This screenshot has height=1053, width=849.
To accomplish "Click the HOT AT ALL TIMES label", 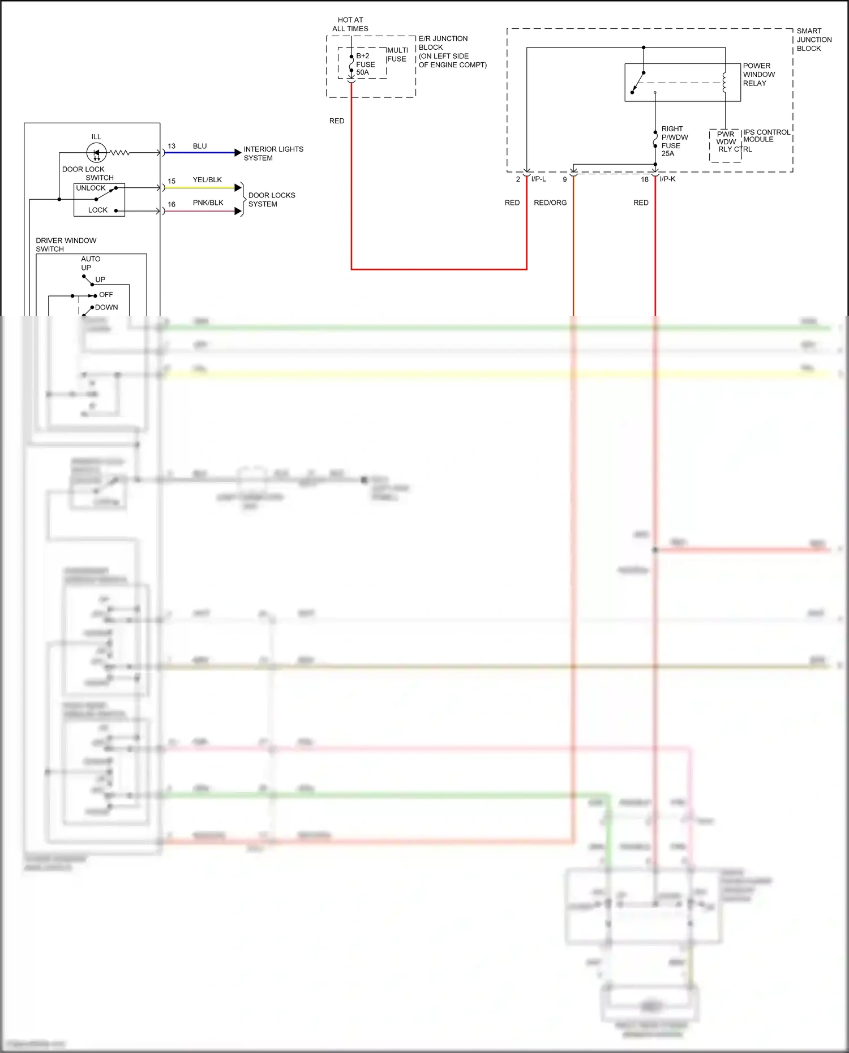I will tap(350, 24).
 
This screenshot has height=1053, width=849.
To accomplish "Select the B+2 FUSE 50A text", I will tap(365, 64).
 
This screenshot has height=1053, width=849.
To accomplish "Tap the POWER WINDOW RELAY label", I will tap(758, 74).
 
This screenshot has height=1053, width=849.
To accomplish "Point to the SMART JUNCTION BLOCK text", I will tap(813, 40).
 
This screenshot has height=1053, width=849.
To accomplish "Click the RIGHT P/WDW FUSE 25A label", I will tap(674, 141).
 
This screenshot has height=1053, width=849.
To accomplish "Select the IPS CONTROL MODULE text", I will tap(766, 136).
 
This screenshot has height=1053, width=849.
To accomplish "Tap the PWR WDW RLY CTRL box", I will tap(726, 145).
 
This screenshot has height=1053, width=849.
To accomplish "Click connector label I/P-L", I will tap(538, 179).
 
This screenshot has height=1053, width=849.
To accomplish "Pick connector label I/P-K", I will tap(667, 179).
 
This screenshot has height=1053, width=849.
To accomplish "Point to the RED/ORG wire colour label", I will tap(550, 203).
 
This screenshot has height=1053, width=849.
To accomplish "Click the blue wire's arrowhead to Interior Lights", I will tap(238, 153).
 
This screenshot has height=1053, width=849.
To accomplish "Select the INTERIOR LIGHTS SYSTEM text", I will tap(273, 153).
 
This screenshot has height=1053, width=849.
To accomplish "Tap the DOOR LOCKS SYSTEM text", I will tap(271, 200).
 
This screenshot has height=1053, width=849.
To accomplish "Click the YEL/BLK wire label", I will tap(207, 180).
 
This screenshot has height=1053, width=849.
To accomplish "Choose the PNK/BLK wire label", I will tap(208, 203).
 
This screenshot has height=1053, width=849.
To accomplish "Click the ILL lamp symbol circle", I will tap(96, 152).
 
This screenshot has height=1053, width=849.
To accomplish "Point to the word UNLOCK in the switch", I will tap(91, 188).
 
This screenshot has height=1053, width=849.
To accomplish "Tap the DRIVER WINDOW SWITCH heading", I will tap(66, 244).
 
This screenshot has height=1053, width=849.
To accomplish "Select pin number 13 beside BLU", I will tap(171, 146).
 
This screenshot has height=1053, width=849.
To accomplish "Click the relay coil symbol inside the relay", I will tap(724, 81).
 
